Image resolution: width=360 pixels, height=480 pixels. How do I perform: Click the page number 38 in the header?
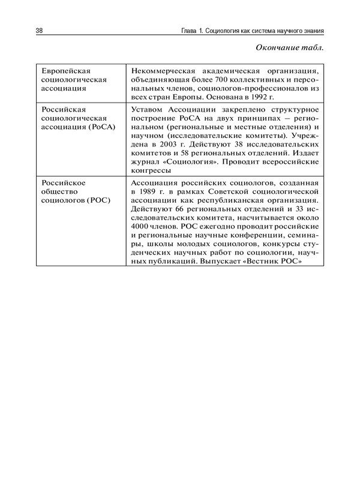coord(40,30)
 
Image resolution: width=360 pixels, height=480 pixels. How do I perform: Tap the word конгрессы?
coord(149,174)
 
